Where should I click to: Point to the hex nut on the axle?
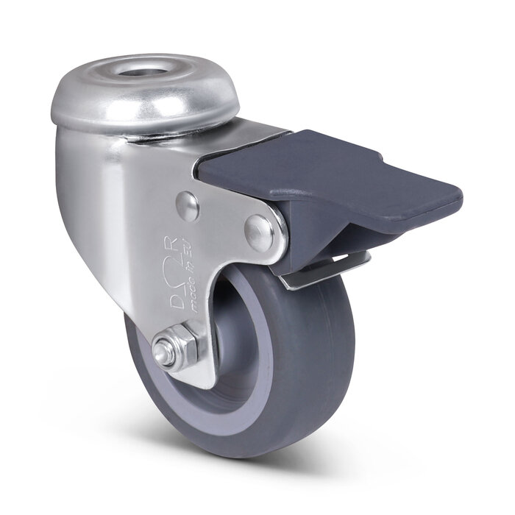pos(175,347)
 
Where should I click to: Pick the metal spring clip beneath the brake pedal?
pos(324,272)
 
